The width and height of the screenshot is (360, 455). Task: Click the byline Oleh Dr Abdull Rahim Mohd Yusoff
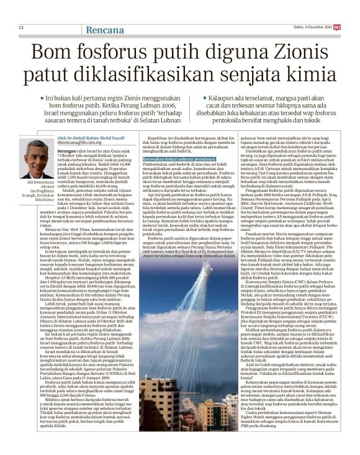[x=102, y=119]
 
